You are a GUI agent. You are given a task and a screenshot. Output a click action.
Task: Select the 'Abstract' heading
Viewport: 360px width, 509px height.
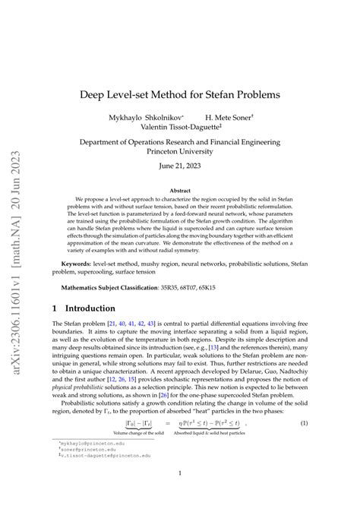click(x=191, y=191)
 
